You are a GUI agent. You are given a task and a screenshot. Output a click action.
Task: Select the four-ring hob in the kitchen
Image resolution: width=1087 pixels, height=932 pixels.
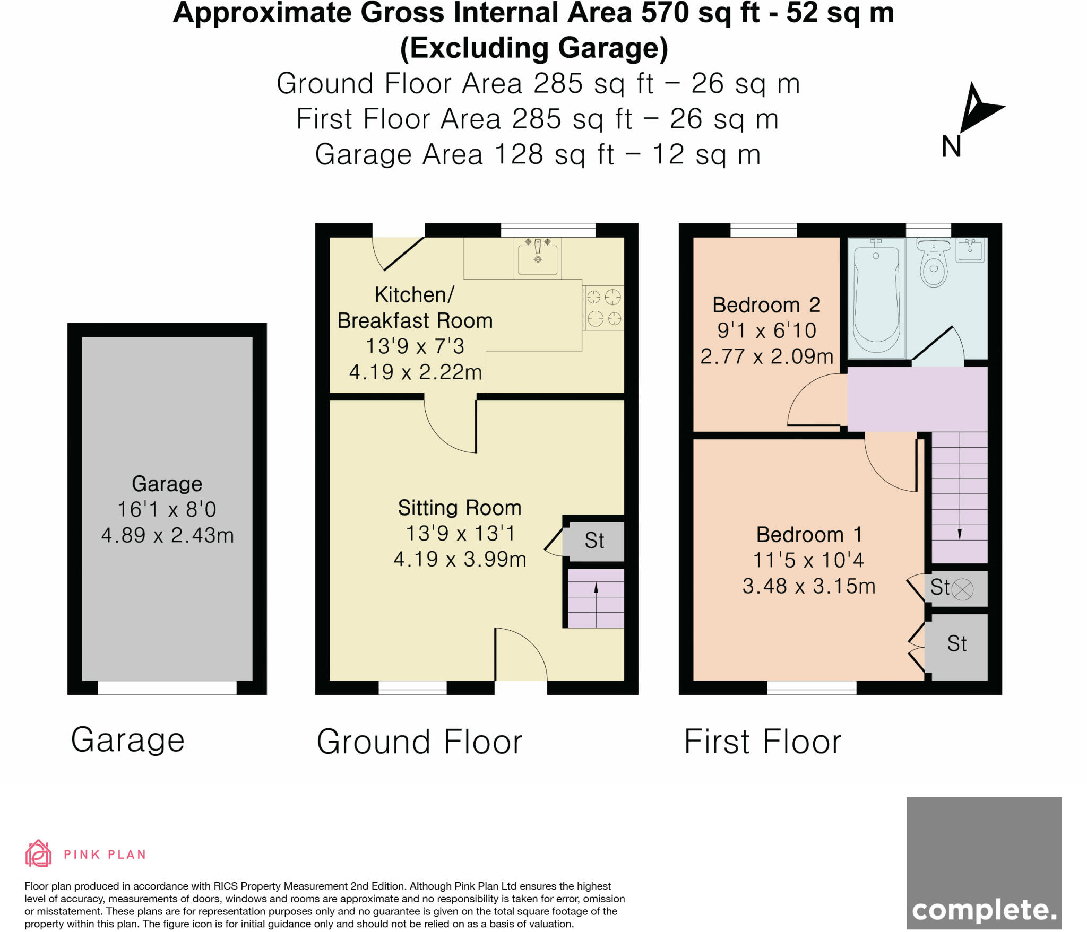click(603, 308)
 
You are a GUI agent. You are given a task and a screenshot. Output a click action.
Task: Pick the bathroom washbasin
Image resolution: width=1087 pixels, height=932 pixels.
click(970, 250)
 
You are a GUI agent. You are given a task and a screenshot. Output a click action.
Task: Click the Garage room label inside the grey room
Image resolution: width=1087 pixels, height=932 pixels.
click(167, 484)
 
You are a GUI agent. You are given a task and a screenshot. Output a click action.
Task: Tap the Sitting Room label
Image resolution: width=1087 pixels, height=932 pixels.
click(460, 508)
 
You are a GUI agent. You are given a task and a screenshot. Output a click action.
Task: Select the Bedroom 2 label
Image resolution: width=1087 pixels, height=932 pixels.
click(766, 305)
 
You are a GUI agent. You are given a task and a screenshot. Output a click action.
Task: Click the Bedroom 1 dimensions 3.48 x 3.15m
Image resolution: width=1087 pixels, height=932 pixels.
click(808, 586)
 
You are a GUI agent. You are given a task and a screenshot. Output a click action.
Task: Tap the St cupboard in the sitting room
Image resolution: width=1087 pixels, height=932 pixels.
click(594, 541)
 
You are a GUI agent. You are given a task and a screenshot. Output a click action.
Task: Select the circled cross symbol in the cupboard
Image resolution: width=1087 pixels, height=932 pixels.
click(962, 589)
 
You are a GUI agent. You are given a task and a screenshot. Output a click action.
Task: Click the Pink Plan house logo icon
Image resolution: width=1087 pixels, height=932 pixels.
click(38, 854)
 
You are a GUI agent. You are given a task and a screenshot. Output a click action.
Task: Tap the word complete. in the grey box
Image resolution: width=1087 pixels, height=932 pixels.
click(984, 910)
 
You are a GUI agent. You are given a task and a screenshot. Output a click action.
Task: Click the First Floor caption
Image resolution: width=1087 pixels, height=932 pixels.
click(762, 742)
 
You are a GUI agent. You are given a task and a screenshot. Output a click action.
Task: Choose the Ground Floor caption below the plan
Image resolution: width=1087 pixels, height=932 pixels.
click(419, 742)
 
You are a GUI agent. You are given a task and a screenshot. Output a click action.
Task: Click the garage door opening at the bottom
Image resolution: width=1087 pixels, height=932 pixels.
click(167, 687)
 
